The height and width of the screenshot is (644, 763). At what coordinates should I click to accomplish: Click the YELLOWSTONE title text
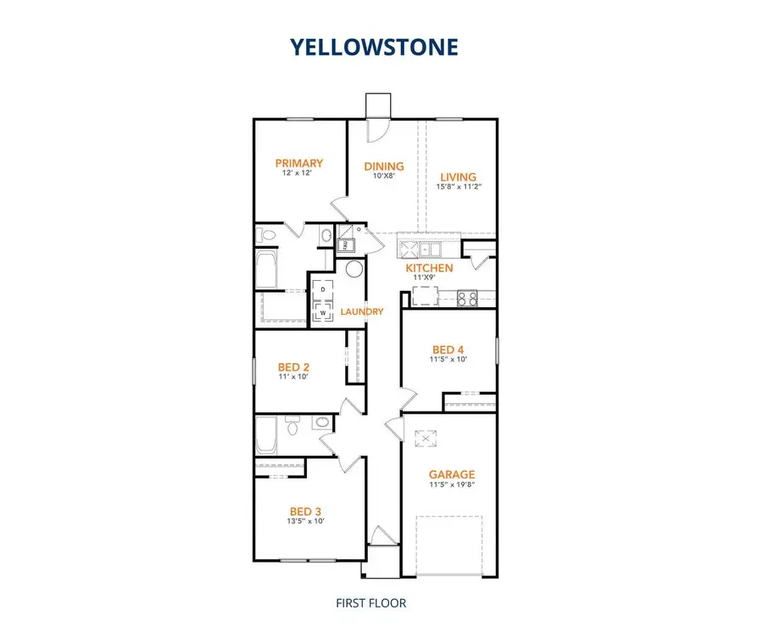click(x=374, y=47)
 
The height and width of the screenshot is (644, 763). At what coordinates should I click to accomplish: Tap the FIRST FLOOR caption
click(x=371, y=603)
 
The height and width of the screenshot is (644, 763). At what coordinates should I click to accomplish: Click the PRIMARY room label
click(x=298, y=163)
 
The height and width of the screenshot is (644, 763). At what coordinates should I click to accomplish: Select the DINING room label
click(x=383, y=166)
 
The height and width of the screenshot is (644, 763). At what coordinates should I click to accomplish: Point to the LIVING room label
click(x=458, y=176)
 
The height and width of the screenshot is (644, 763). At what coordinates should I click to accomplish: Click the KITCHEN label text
click(x=428, y=267)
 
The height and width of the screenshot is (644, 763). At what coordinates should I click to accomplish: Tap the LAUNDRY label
click(x=362, y=311)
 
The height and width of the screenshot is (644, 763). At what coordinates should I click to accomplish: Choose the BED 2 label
click(x=292, y=367)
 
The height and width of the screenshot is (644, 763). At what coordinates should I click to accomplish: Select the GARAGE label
click(x=451, y=474)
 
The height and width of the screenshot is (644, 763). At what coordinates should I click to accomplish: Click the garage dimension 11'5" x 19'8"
click(x=451, y=485)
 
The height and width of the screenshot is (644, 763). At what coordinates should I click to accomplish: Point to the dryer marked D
click(x=323, y=290)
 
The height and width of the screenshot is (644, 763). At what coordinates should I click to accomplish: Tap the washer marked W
click(x=323, y=311)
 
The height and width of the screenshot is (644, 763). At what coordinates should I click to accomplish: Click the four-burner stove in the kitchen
click(x=467, y=298)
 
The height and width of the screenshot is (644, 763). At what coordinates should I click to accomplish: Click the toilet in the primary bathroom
click(x=267, y=235)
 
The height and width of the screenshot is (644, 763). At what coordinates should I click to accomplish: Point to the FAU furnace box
click(x=346, y=246)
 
